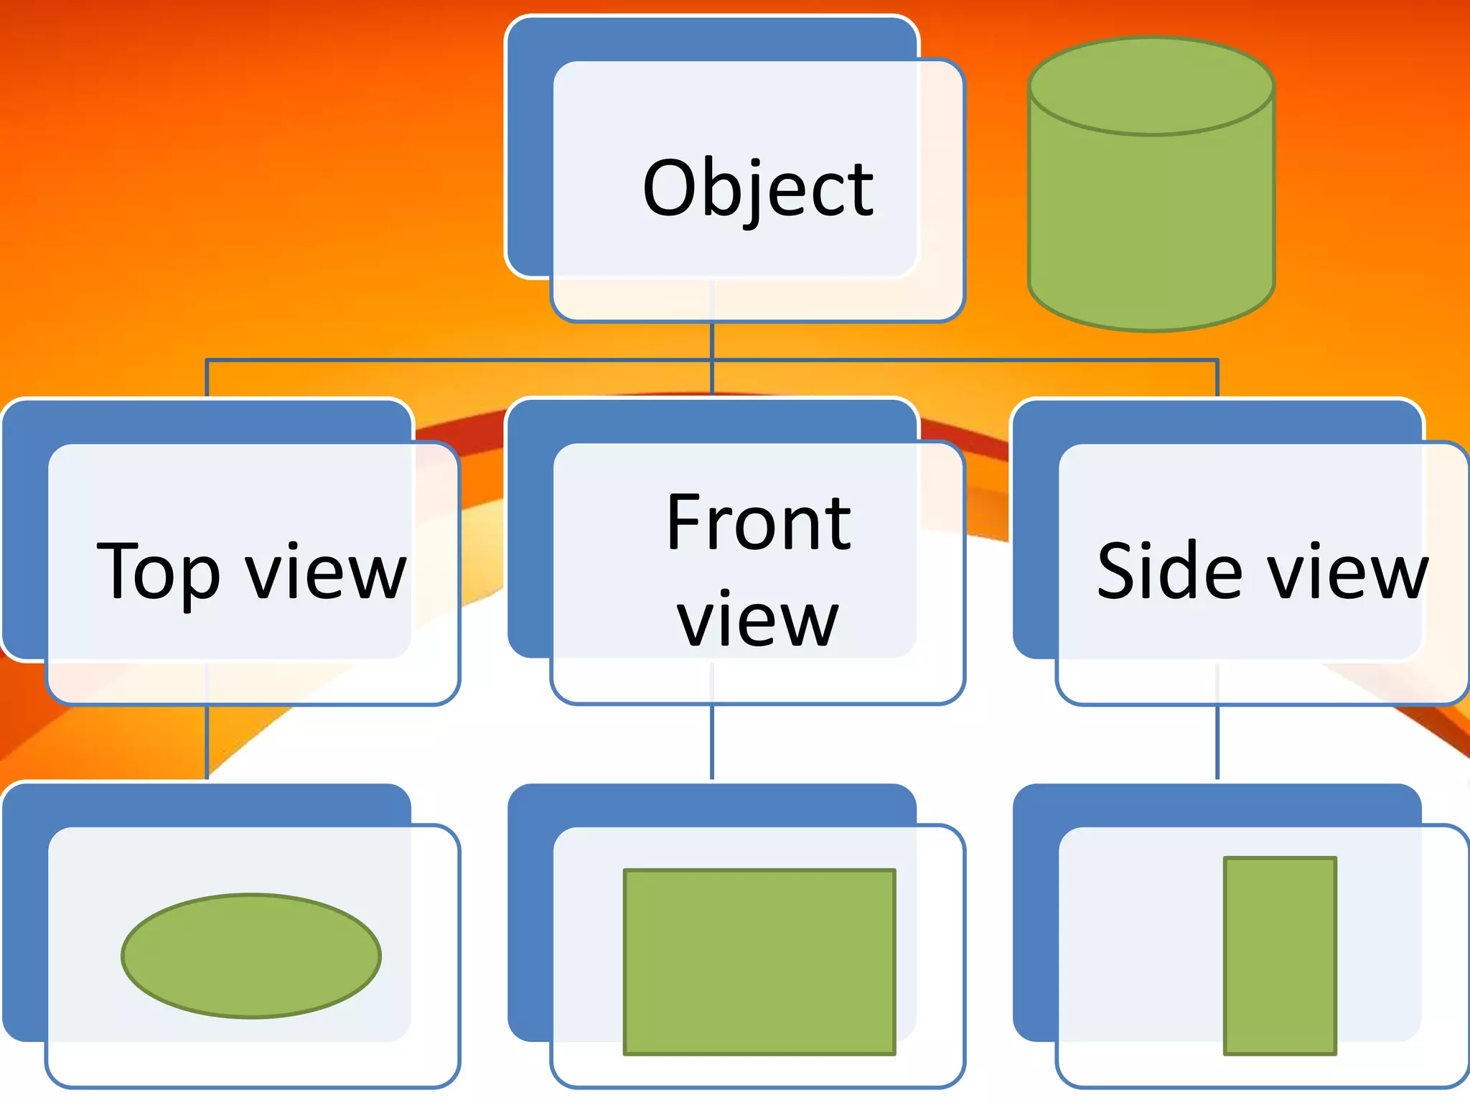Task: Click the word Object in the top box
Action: click(758, 188)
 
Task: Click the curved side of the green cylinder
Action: click(1151, 230)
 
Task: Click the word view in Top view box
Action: click(326, 573)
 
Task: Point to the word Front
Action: click(758, 524)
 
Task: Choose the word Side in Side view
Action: click(1170, 572)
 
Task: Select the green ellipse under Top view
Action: click(251, 956)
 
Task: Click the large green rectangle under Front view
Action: click(759, 962)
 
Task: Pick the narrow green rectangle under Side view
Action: click(1280, 956)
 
